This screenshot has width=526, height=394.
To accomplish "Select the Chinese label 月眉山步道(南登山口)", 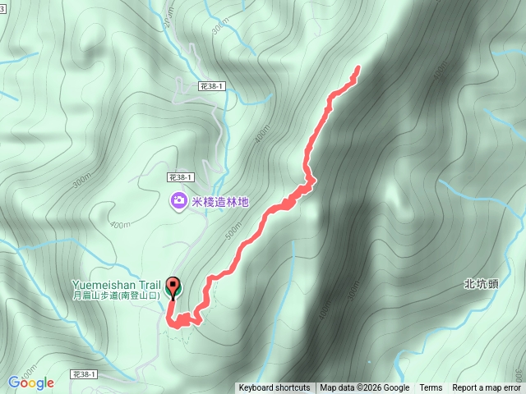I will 117,295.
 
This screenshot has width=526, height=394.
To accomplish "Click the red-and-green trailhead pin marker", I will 173,287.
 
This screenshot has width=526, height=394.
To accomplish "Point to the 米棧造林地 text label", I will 219,201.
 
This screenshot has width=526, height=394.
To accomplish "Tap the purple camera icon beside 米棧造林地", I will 178,201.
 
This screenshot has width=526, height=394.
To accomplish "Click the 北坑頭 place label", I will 479,284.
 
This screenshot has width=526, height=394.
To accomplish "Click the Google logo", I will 31,383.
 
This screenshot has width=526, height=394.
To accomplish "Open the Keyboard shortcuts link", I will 275,388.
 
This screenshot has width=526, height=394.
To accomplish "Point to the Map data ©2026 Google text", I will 365,388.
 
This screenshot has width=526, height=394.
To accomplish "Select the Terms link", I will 431,388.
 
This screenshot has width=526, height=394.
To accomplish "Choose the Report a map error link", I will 487,388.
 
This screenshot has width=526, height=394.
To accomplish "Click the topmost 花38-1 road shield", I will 212,85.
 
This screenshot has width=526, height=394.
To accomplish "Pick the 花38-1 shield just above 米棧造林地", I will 179,176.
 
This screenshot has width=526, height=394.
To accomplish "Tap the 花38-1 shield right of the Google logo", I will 83,374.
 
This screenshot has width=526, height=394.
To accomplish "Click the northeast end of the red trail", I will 358,68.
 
